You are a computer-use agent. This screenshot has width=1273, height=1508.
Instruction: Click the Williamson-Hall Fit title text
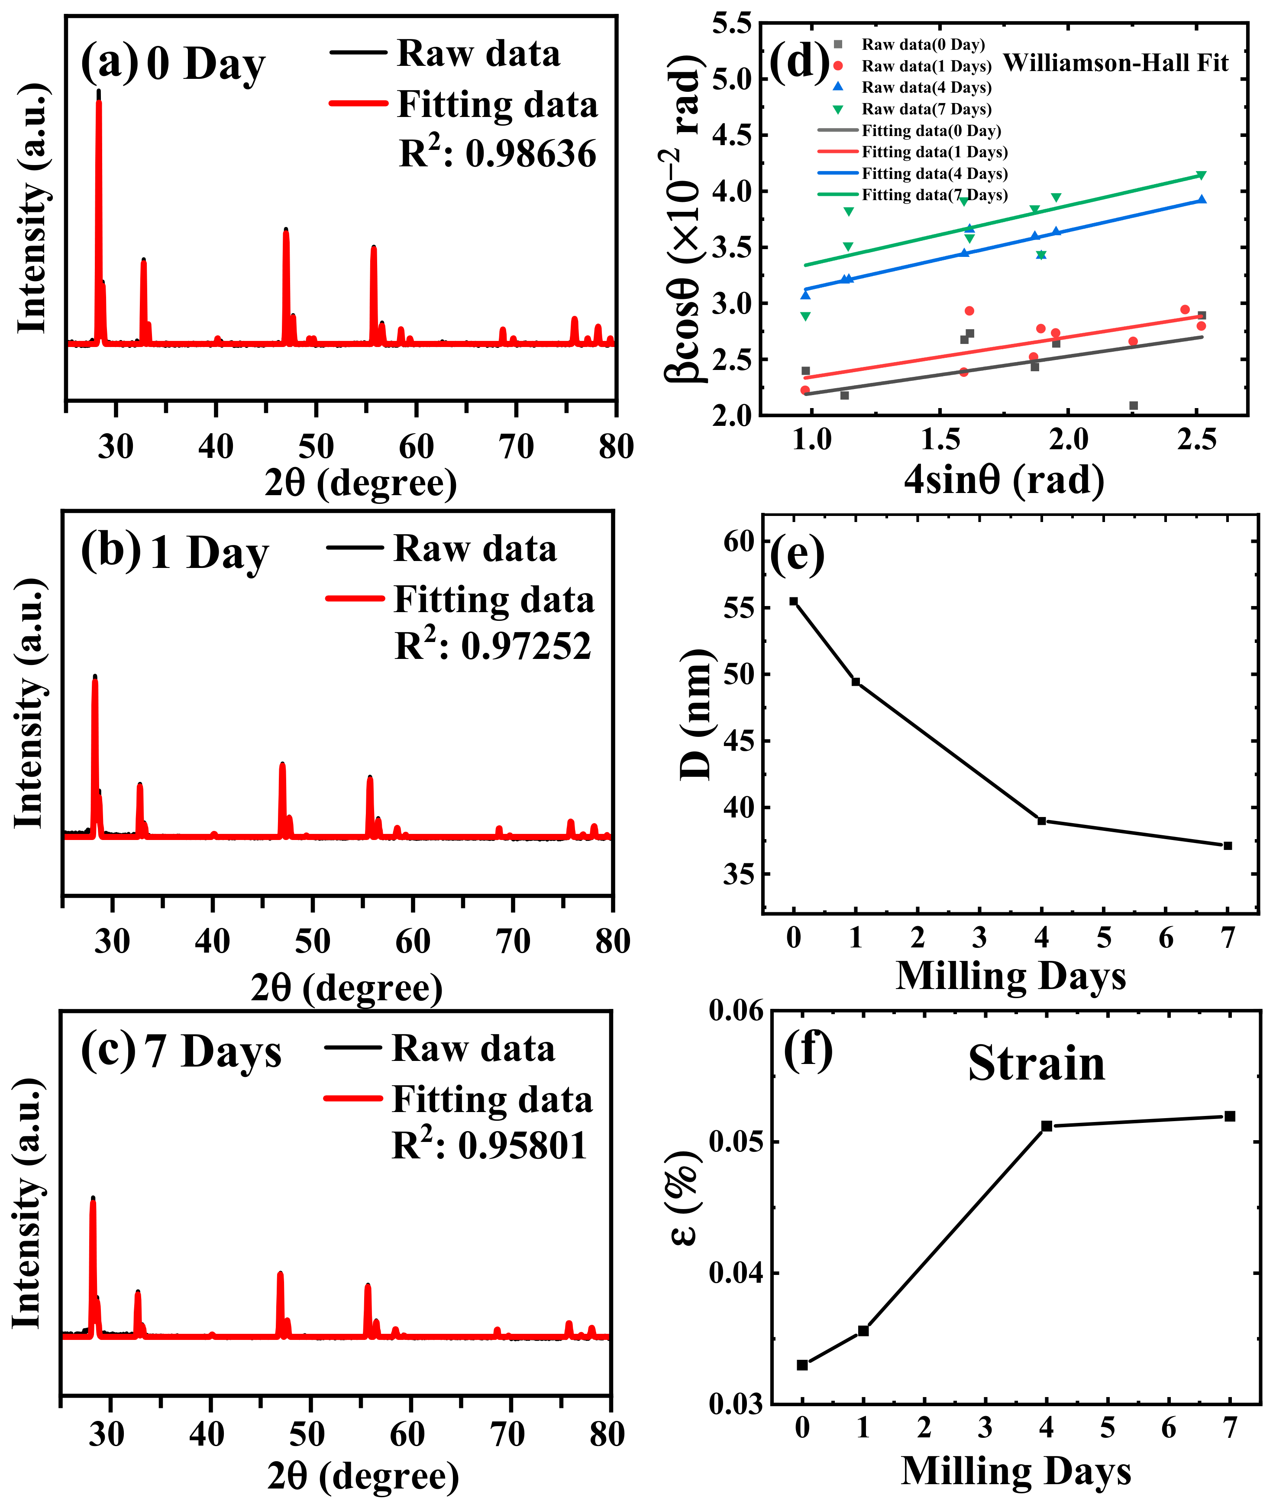tap(1116, 64)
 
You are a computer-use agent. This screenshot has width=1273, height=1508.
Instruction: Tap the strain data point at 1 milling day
tap(863, 1330)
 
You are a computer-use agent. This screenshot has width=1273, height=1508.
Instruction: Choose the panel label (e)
tap(798, 555)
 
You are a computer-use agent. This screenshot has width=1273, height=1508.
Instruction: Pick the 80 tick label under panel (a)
tap(616, 447)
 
